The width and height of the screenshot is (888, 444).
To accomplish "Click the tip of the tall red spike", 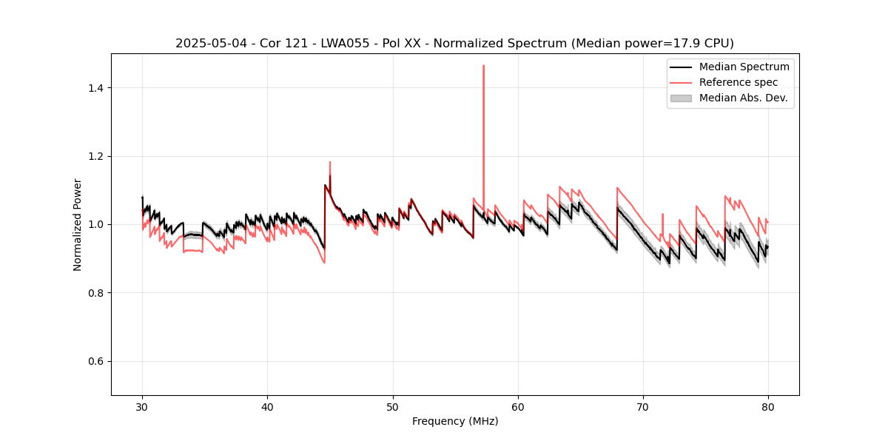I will point(483,66).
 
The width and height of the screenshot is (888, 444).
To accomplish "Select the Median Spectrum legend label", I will point(744,67).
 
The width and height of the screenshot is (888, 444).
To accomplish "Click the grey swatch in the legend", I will point(680,98).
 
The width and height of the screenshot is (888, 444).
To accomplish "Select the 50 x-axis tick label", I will point(393,406).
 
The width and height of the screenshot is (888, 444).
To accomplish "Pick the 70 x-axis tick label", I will point(643,406).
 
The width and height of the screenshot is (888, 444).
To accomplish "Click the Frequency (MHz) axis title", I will point(455,421).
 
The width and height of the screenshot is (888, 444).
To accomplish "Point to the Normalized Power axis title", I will point(78,224).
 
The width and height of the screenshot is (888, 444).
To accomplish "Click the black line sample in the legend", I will point(680,67).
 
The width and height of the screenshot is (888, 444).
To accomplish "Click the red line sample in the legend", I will point(680,82).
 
